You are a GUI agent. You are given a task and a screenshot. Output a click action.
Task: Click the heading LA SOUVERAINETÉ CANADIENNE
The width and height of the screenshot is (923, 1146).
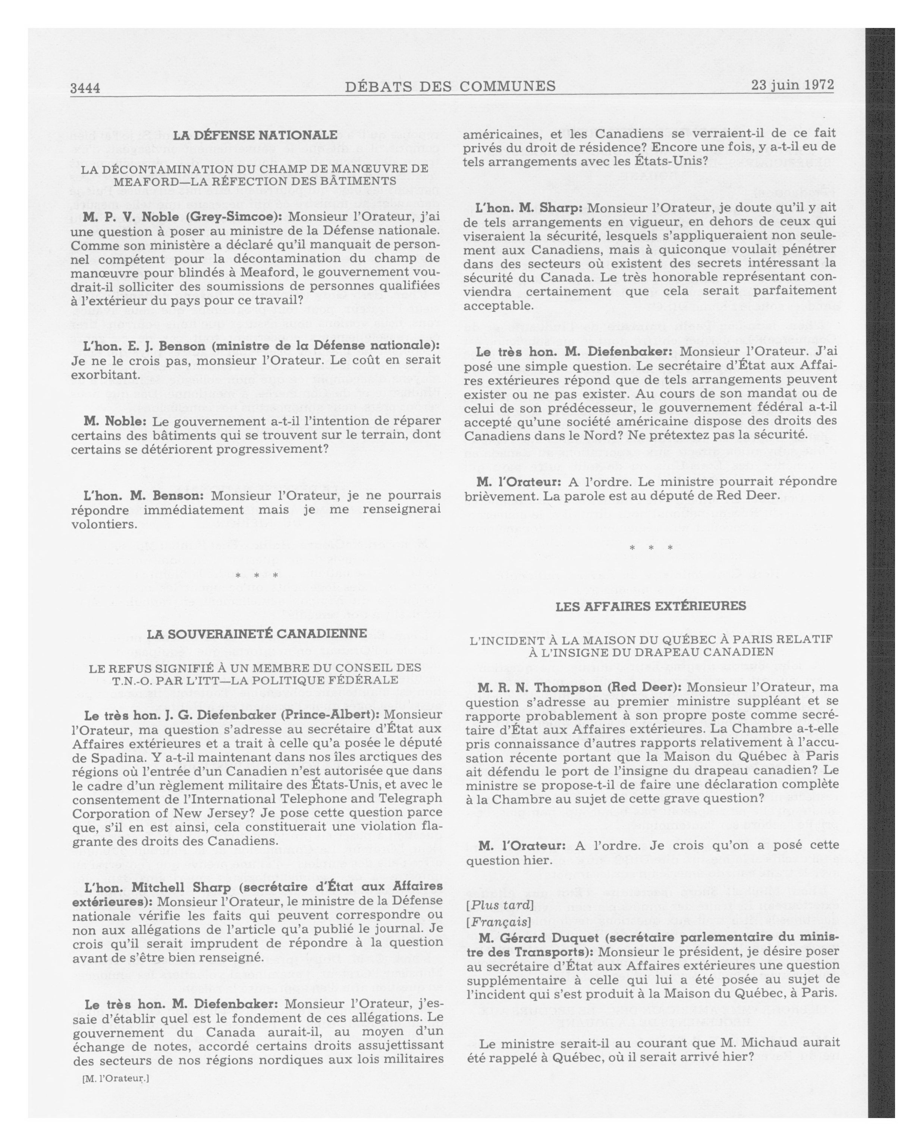tap(257, 634)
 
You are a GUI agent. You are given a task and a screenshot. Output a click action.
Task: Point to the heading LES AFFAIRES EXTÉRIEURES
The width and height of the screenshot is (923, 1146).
tap(651, 606)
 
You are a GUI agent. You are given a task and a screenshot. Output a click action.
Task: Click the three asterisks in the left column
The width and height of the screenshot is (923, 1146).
tap(257, 575)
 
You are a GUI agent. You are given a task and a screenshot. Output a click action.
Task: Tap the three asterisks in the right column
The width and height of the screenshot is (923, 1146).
tap(651, 548)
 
